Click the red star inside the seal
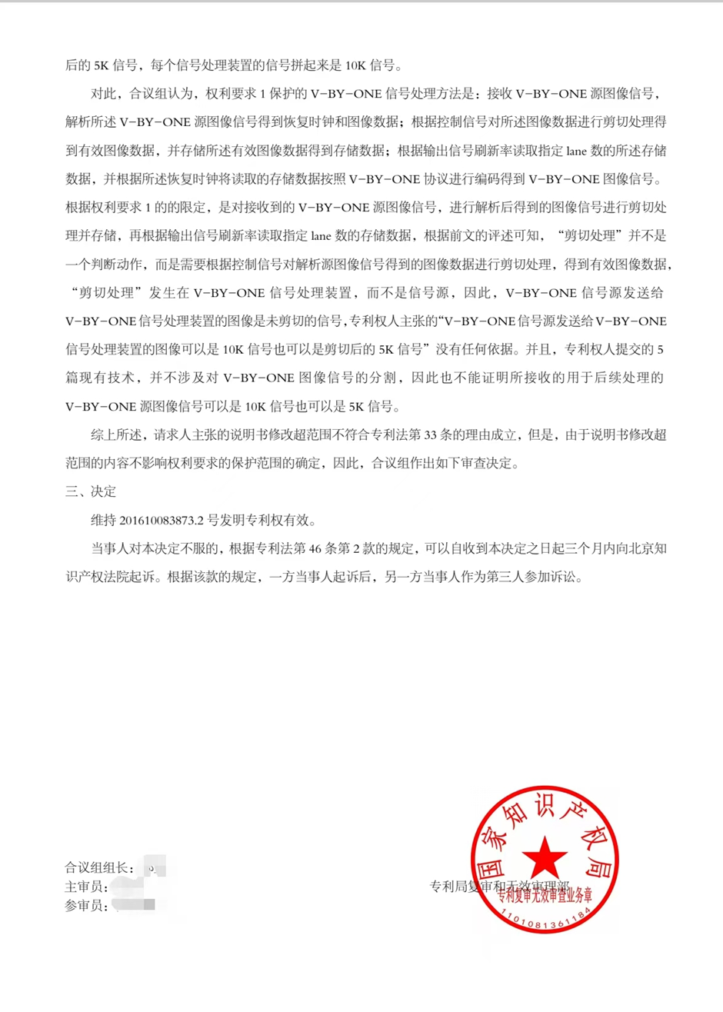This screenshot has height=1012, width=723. point(545,855)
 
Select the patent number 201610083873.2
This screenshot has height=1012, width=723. point(162,521)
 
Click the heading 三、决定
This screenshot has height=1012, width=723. point(91,492)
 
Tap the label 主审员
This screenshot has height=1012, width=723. point(86,887)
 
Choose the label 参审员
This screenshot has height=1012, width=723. point(86,906)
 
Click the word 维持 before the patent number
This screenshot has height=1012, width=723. point(104,521)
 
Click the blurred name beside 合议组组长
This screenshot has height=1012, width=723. point(154,868)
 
